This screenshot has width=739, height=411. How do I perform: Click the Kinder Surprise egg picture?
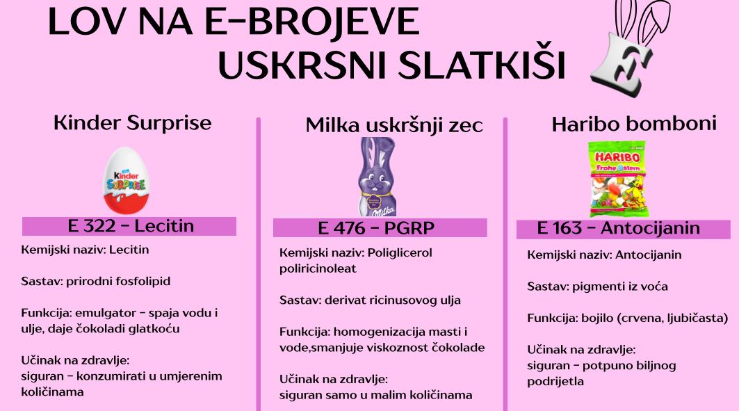click(127, 180)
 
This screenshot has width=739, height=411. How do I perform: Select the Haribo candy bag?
click(617, 179)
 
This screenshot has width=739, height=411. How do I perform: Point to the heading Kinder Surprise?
click(132, 123)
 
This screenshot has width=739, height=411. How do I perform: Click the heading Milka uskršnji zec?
click(394, 125)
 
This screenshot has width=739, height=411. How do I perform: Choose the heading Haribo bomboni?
click(634, 124)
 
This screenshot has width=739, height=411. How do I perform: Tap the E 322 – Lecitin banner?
click(129, 226)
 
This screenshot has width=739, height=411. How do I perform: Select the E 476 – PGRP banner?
click(380, 228)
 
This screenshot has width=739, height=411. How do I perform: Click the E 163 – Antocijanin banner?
click(623, 229)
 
